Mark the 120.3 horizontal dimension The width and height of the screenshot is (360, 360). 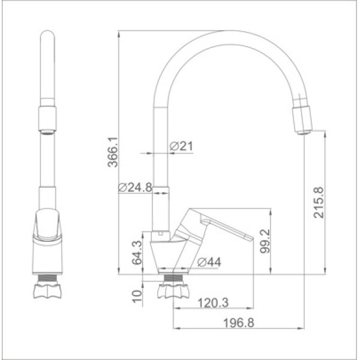(214, 304)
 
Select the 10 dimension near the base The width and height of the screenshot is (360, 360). (137, 295)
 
